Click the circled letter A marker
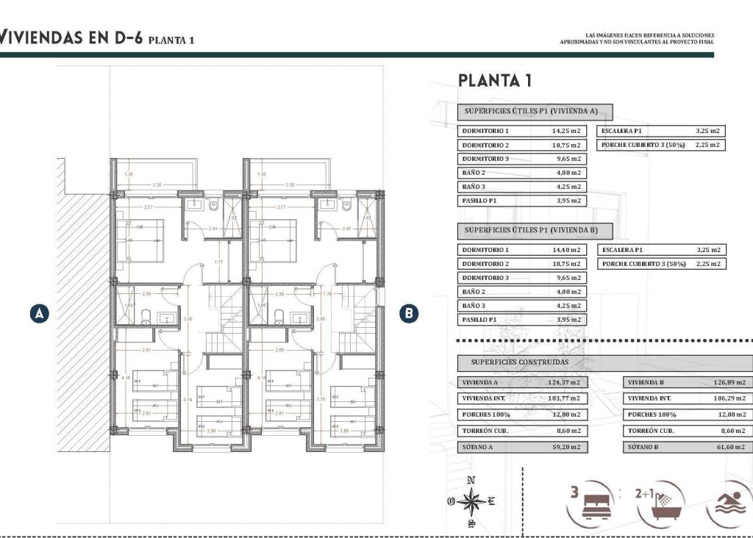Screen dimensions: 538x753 pyautogui.click(x=40, y=313)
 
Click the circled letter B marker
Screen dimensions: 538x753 pyautogui.click(x=409, y=313)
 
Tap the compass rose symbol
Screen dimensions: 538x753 pyautogui.click(x=471, y=503)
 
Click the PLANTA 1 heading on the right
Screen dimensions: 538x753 pyautogui.click(x=494, y=81)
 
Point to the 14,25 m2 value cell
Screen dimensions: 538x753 pyautogui.click(x=565, y=131)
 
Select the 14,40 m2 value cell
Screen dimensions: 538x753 pyautogui.click(x=565, y=250)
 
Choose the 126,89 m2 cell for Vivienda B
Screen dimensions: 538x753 pyautogui.click(x=730, y=383)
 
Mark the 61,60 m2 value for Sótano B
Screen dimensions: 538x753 pyautogui.click(x=730, y=447)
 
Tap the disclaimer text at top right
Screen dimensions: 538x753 pyautogui.click(x=637, y=38)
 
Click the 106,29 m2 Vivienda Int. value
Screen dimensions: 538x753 pyautogui.click(x=730, y=399)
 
